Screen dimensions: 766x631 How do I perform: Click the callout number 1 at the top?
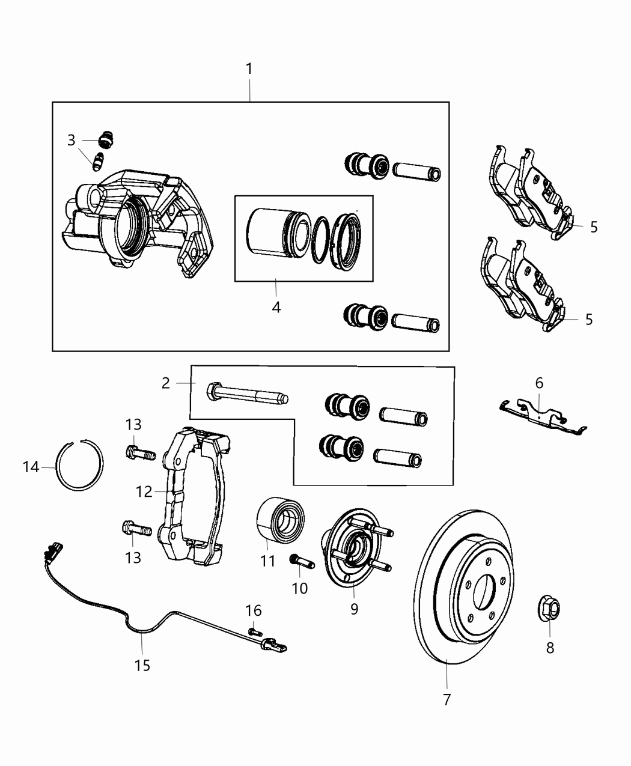249,70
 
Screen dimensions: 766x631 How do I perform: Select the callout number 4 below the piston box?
276,307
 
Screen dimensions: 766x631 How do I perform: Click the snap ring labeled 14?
80,466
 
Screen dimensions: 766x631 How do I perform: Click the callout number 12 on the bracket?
144,491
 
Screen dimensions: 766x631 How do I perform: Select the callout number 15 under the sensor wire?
142,666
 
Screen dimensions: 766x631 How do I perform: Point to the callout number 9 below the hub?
354,609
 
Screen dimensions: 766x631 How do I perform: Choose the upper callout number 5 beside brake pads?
594,227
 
